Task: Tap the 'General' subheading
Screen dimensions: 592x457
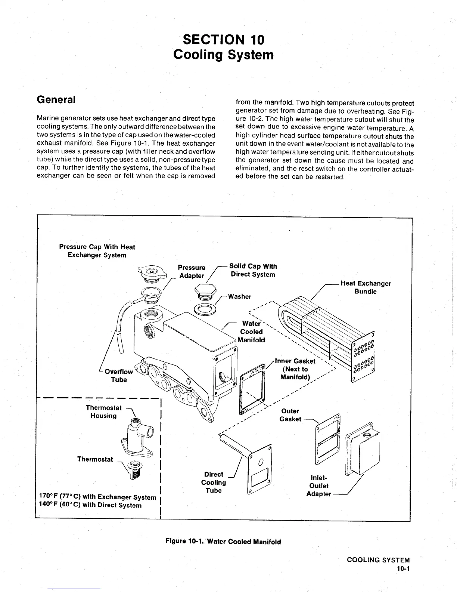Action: point(56,100)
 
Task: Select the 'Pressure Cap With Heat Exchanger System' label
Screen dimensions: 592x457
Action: point(97,251)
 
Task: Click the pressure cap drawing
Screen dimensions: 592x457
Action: point(152,272)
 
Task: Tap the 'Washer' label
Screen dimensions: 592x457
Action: point(239,296)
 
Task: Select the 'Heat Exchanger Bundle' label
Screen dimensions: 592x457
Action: point(366,287)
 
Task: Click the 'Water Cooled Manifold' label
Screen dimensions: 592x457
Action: point(252,332)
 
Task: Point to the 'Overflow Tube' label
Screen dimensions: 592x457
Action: point(119,376)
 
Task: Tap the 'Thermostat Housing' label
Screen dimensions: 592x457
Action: point(103,412)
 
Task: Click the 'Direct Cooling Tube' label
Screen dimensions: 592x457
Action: point(214,482)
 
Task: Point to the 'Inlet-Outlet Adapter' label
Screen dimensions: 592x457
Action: point(319,486)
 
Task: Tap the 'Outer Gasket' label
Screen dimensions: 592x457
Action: point(290,415)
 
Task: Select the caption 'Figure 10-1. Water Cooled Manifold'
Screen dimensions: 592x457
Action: point(223,541)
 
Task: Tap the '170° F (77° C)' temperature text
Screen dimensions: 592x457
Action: point(67,497)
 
